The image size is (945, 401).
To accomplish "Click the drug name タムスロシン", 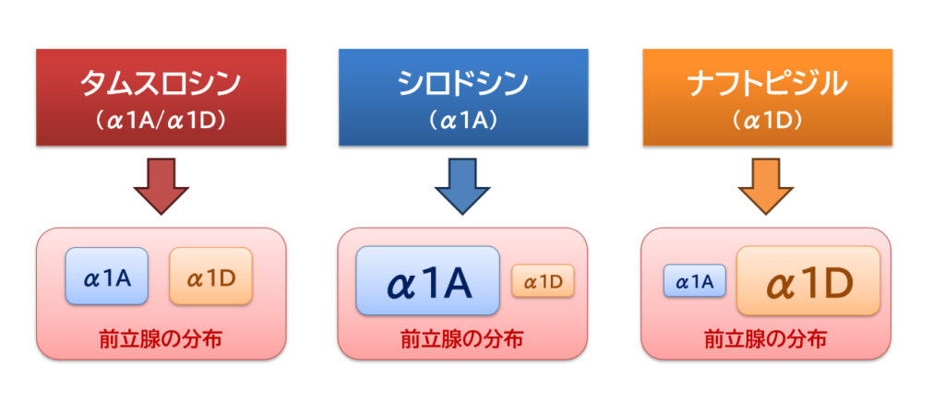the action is point(161,85).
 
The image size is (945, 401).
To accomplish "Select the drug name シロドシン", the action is point(463,85).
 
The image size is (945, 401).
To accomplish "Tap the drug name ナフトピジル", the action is point(767,85).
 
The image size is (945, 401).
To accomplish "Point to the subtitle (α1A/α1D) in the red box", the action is point(161,121).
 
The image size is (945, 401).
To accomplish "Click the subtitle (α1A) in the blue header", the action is point(463,121).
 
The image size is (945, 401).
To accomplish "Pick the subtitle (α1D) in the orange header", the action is point(767,121).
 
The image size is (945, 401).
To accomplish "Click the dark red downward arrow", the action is point(161,186).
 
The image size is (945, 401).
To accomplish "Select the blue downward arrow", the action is point(462,186).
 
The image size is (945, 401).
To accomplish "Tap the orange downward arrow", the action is point(767,186).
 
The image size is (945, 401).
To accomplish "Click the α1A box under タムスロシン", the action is point(107,277).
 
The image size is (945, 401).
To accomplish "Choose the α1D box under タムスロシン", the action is point(210,277).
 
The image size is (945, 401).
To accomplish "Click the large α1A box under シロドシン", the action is point(428,280).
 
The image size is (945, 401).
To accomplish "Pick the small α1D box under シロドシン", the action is point(543,280).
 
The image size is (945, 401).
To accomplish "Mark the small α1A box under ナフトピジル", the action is point(694,280).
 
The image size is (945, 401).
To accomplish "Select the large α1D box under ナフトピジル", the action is point(808,280).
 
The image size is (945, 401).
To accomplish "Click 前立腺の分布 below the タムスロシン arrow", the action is point(161,339).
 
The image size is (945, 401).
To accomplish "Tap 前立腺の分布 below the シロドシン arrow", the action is point(462,339).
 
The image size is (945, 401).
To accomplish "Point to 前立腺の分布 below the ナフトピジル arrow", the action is point(765,339).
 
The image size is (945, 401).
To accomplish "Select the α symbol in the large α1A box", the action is point(401,286).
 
